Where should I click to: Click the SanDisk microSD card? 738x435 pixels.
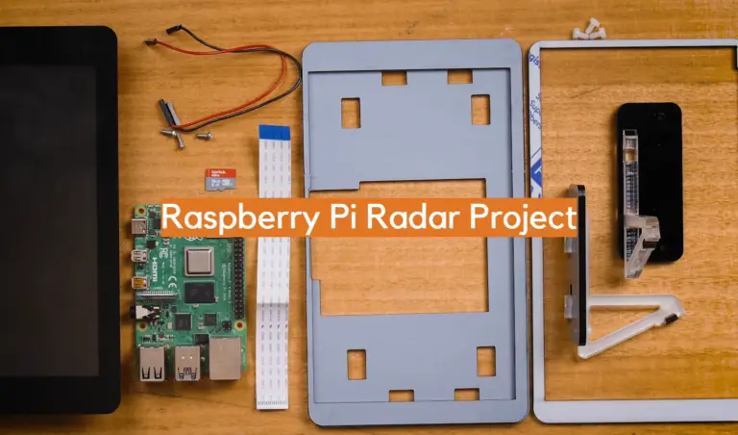pos(220,179)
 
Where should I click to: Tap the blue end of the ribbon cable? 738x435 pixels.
pos(275,132)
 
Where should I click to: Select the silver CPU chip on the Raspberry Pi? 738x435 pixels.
pos(199,261)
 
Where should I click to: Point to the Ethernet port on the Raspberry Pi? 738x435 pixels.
pos(225,358)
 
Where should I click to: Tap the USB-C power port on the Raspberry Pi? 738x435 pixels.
pos(138,227)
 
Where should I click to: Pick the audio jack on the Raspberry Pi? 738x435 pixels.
pos(139,312)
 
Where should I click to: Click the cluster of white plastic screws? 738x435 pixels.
pos(589,29)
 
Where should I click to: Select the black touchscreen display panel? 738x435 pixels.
pos(59,220)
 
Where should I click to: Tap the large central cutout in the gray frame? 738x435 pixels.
pos(399,247)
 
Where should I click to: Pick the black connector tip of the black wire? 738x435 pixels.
pos(173,29)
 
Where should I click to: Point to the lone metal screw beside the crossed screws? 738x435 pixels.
pos(205,136)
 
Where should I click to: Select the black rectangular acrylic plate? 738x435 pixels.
pos(650,183)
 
